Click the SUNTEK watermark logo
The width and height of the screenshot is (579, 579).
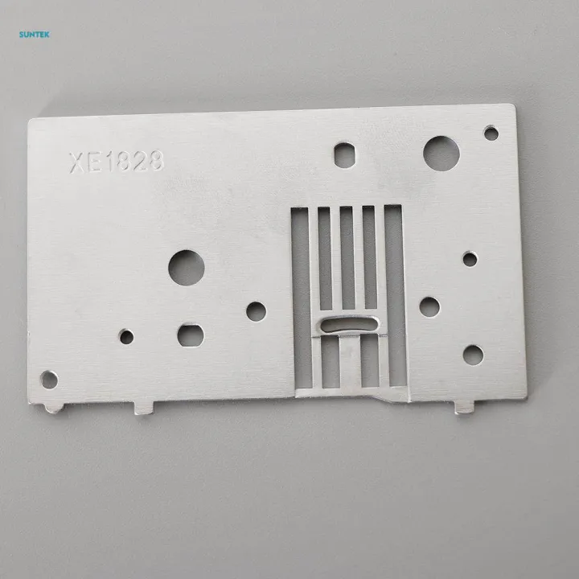[35, 35]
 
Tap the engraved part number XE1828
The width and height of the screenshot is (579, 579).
[117, 162]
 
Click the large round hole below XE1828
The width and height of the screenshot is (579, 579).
[187, 268]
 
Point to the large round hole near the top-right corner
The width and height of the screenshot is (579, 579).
[441, 154]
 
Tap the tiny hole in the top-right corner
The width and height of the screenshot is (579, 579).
[491, 133]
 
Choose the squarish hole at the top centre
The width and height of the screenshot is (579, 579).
[345, 155]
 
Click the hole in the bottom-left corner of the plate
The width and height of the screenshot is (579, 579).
[49, 380]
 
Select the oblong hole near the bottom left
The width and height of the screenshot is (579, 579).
[191, 335]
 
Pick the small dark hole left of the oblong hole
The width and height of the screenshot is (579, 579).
[127, 337]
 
